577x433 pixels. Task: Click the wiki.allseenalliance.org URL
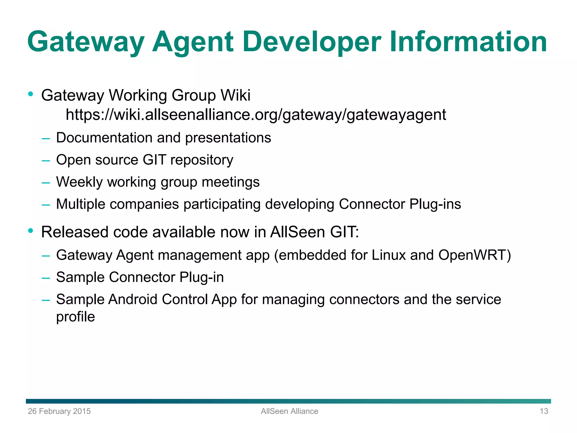click(256, 115)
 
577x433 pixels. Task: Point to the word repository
click(202, 160)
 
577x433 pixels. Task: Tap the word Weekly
click(79, 182)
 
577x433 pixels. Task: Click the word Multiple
click(81, 204)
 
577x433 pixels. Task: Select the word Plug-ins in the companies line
click(435, 204)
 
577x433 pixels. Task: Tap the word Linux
click(389, 255)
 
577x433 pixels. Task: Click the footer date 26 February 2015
click(59, 411)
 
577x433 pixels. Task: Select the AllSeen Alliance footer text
click(289, 411)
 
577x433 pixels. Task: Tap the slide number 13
click(544, 411)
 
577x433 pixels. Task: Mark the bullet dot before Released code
click(31, 231)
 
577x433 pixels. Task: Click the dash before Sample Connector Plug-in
click(46, 278)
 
